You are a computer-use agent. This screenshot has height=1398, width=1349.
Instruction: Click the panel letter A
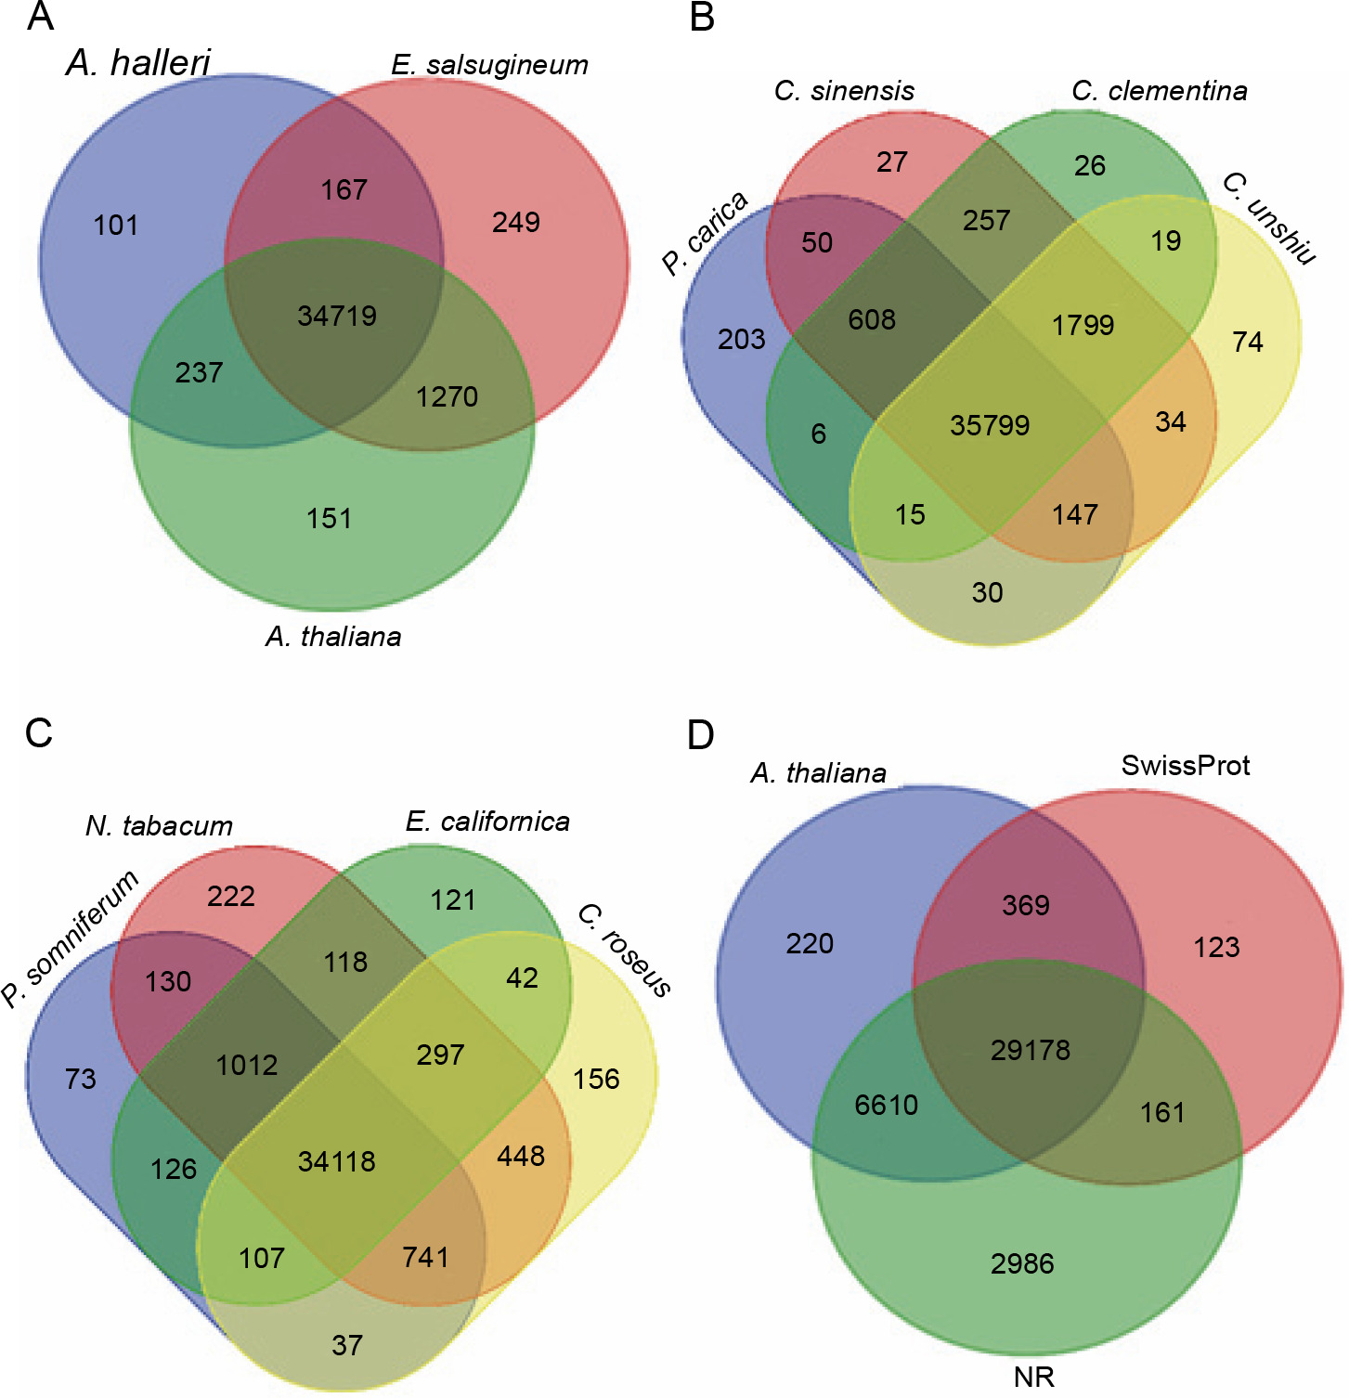(x=40, y=17)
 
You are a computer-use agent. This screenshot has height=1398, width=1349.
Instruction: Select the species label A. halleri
(x=138, y=63)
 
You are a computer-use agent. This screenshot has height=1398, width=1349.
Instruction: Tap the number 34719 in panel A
(x=337, y=316)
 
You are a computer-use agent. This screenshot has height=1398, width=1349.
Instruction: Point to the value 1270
(x=447, y=397)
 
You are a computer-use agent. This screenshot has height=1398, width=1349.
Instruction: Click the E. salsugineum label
(x=489, y=65)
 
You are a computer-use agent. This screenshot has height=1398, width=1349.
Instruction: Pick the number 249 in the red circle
(x=516, y=223)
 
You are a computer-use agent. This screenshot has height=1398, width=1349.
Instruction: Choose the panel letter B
(x=702, y=17)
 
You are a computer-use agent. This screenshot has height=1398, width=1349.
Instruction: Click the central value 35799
(x=990, y=425)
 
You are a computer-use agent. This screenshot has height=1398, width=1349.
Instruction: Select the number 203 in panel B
(x=741, y=340)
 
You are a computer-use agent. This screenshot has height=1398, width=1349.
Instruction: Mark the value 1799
(x=1083, y=325)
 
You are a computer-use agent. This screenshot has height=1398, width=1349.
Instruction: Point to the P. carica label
(x=705, y=233)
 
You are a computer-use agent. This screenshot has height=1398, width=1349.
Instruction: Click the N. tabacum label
(x=159, y=826)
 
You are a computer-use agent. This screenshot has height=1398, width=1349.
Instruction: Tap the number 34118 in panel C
(x=336, y=1161)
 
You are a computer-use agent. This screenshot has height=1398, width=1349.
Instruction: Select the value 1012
(x=247, y=1065)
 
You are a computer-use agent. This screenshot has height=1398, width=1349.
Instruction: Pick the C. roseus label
(x=624, y=951)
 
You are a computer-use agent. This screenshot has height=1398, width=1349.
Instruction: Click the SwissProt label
(x=1185, y=766)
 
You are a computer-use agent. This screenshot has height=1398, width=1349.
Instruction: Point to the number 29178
(x=1030, y=1050)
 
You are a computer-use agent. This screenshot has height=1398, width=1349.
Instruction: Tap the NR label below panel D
(x=1033, y=1377)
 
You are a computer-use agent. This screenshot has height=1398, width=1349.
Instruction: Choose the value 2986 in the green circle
(x=1021, y=1263)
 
